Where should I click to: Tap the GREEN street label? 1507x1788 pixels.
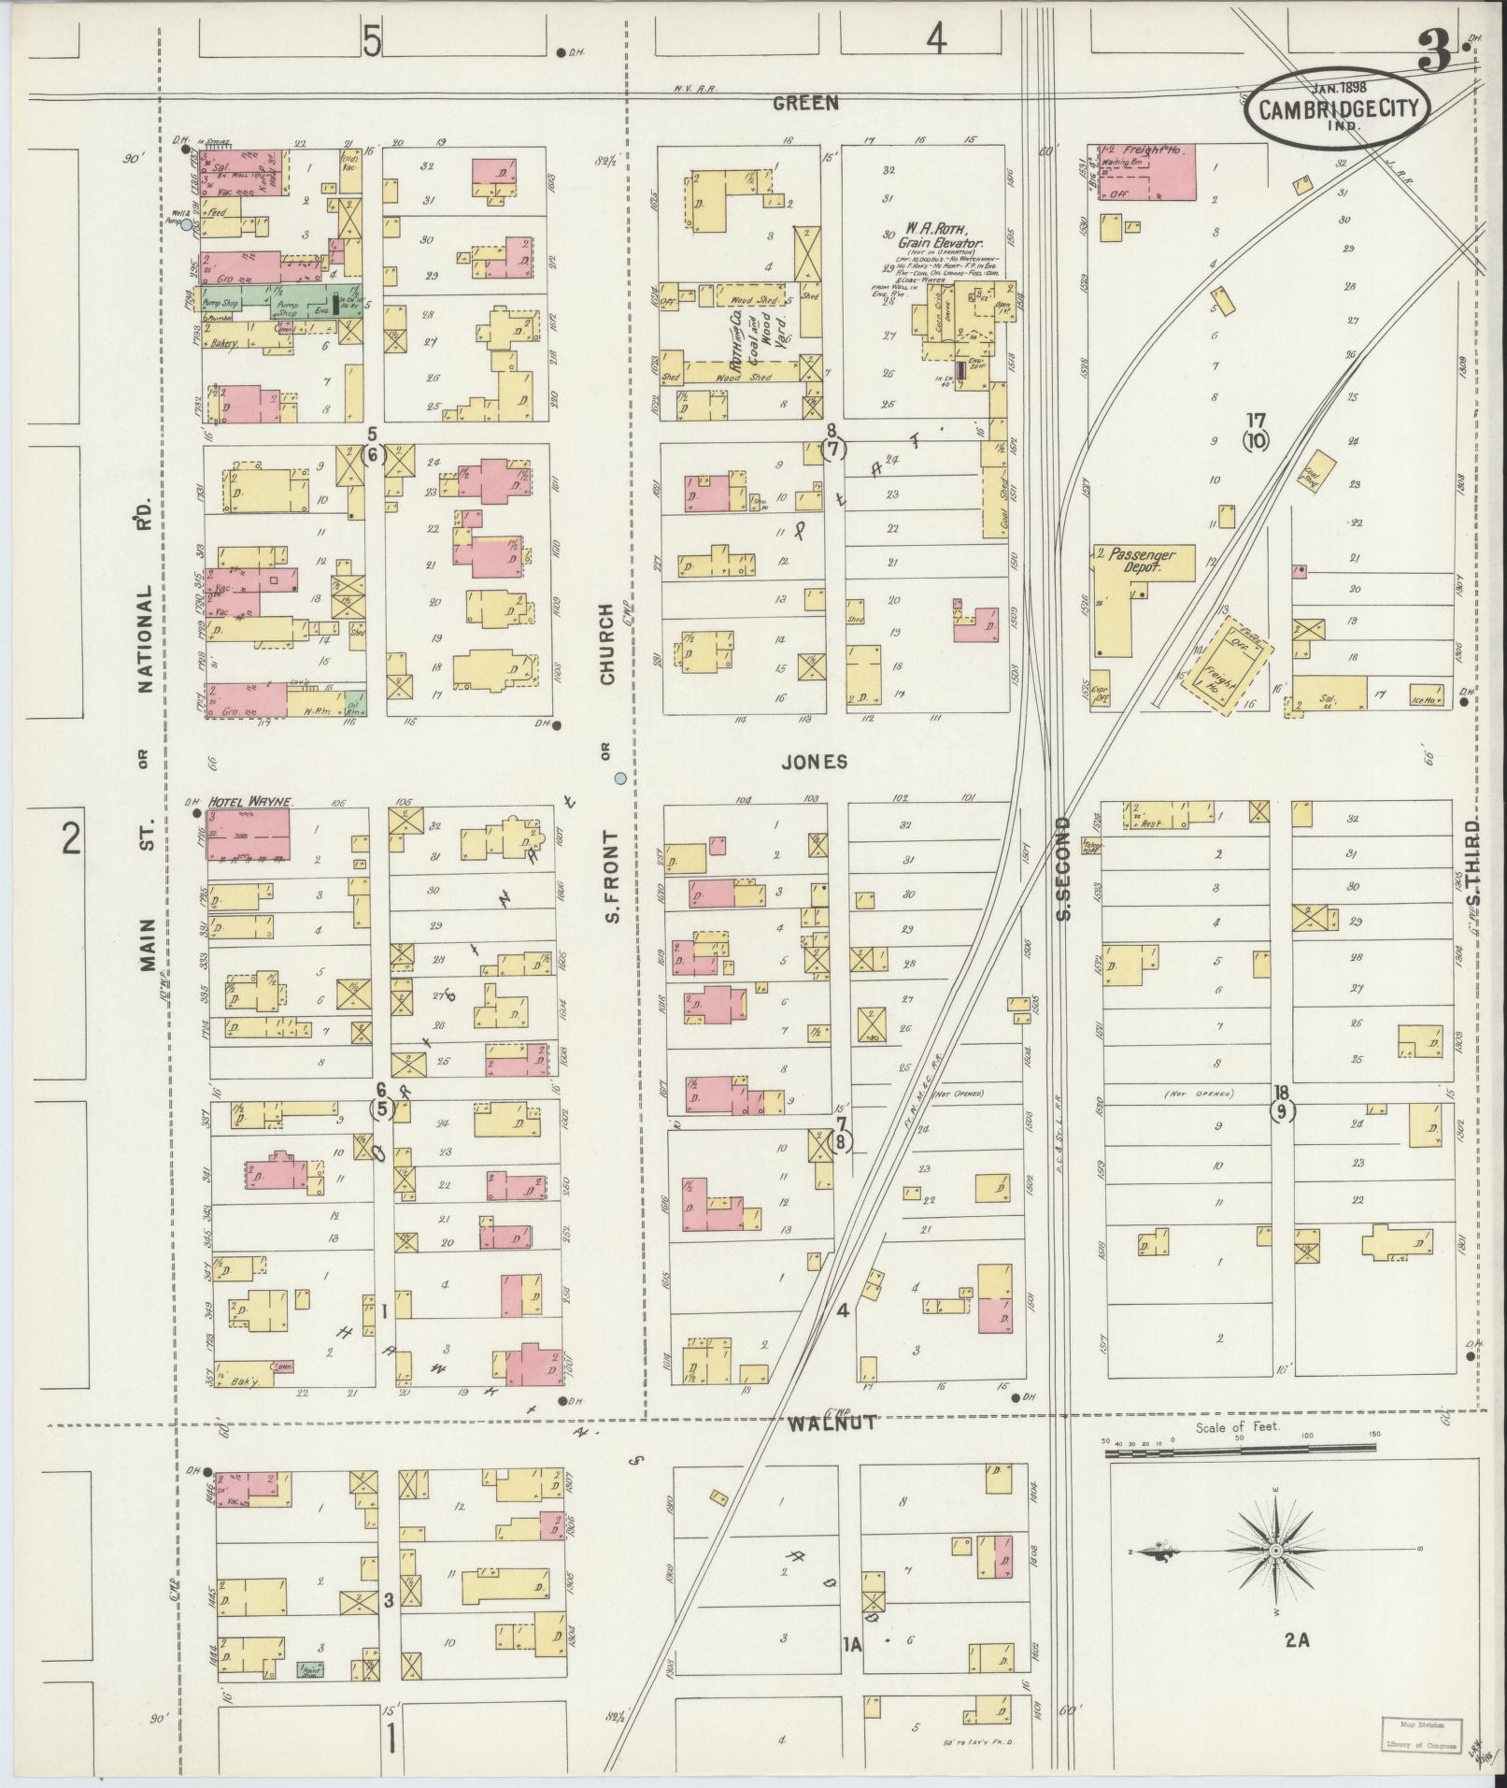click(x=805, y=104)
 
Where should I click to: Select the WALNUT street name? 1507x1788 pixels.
click(x=832, y=1450)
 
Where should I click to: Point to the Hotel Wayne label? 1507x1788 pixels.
click(x=249, y=802)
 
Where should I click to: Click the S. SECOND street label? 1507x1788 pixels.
click(x=1062, y=867)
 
